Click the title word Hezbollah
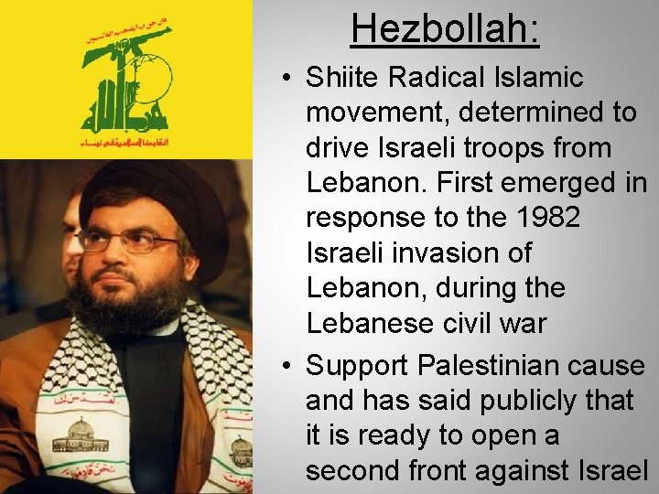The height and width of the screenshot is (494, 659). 445,29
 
